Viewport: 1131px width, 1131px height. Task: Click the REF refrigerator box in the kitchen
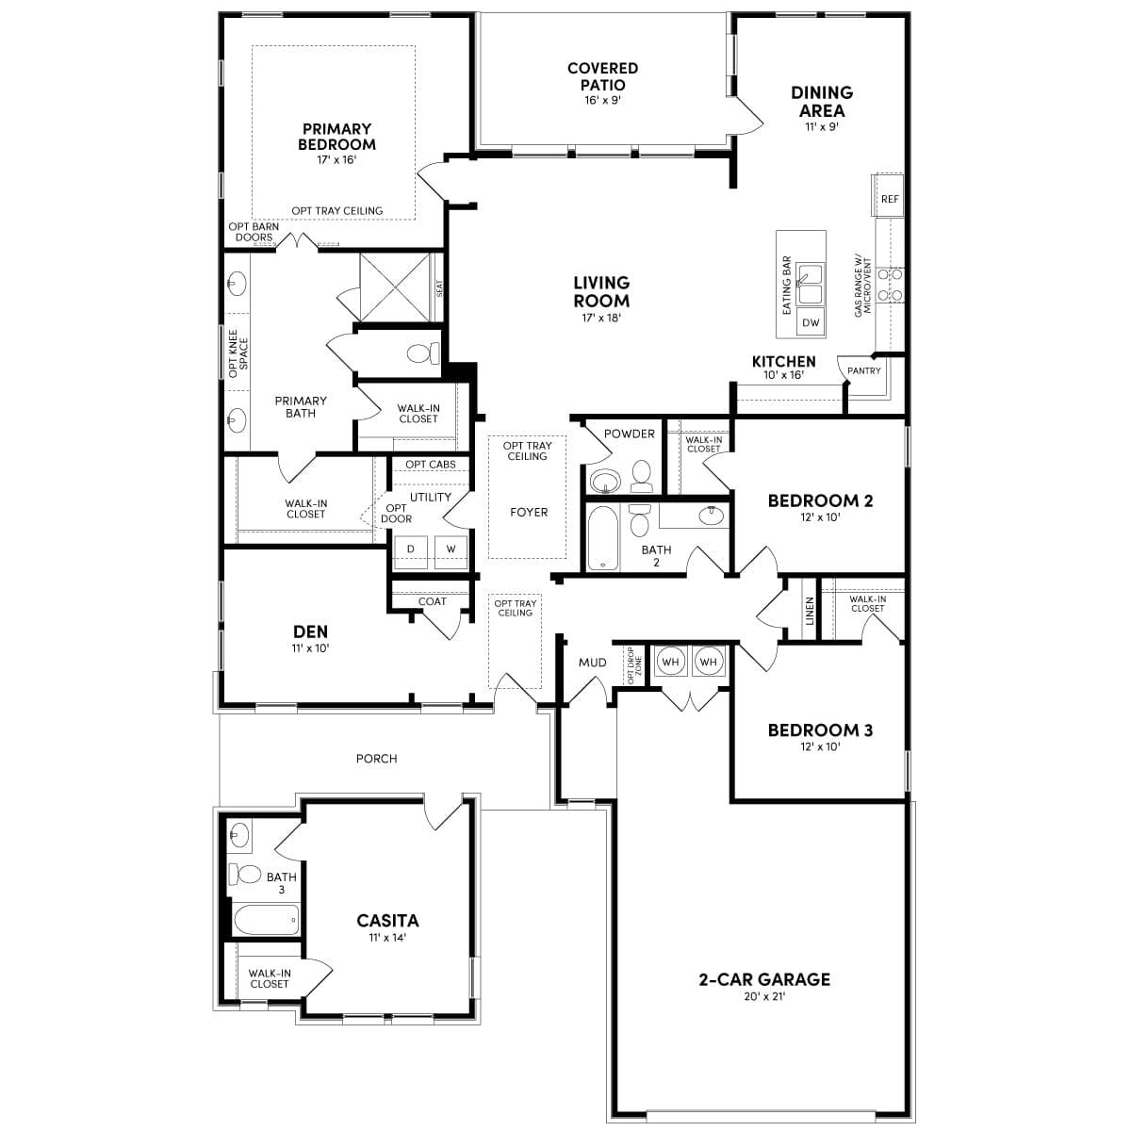[x=890, y=199]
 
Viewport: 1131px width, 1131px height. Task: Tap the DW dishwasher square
[x=811, y=323]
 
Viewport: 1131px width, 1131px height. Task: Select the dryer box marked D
[x=411, y=549]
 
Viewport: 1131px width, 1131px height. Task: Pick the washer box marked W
[x=451, y=549]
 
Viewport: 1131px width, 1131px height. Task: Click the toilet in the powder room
[x=642, y=476]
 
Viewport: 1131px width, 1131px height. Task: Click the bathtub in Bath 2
[x=601, y=538]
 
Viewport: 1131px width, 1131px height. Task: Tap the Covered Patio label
[x=602, y=76]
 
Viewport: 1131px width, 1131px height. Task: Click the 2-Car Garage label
[x=764, y=979]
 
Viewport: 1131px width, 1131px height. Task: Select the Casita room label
[x=387, y=920]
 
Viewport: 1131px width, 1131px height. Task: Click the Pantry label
[x=863, y=371]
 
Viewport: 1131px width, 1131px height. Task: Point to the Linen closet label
[x=810, y=611]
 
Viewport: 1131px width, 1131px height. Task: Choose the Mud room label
[x=592, y=663]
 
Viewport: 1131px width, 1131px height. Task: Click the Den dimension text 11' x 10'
[x=310, y=647]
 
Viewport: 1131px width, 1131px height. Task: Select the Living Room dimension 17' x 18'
[x=601, y=318]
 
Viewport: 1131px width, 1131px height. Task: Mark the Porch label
[x=376, y=759]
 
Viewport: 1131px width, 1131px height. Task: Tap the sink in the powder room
[x=603, y=482]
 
